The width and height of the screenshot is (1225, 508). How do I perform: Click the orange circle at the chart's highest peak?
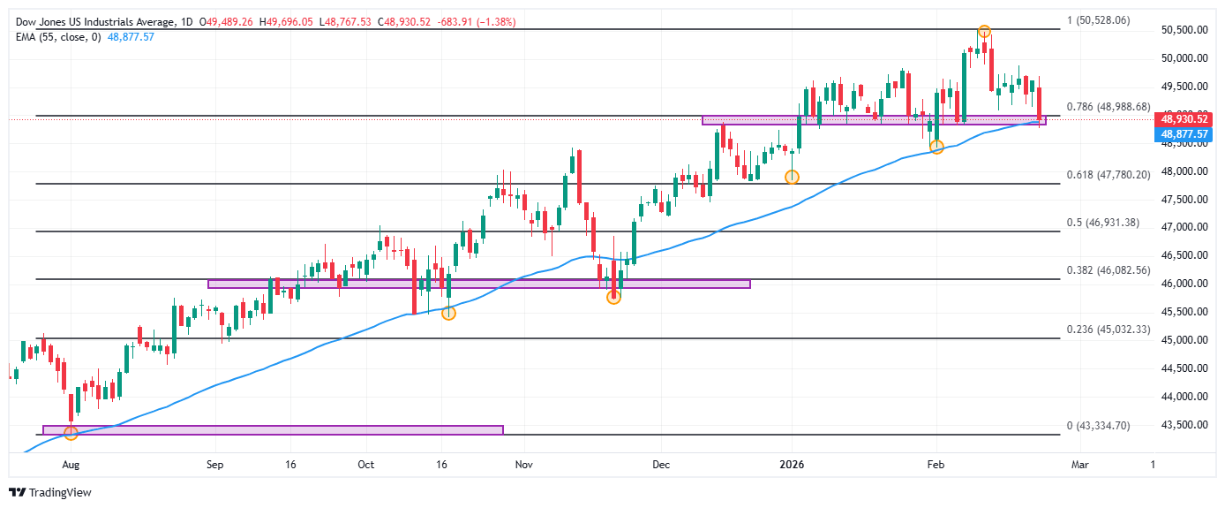[983, 32]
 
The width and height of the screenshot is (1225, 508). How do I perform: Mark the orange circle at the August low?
[71, 433]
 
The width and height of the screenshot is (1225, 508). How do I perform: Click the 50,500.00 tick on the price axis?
[1183, 30]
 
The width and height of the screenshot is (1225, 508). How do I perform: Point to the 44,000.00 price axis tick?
[1183, 397]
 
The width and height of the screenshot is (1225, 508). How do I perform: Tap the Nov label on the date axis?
[523, 463]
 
